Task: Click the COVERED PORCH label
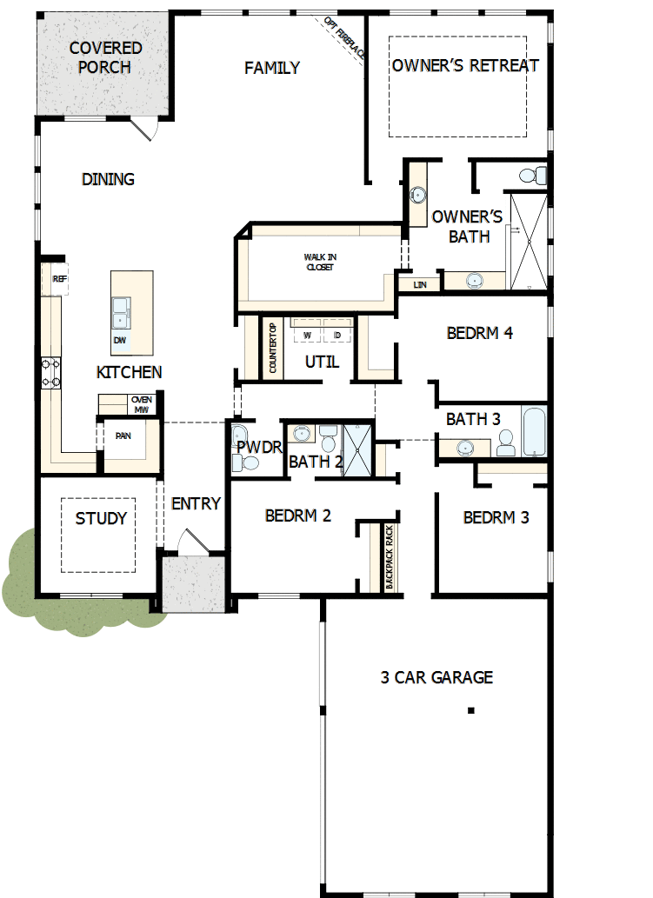pyautogui.click(x=105, y=57)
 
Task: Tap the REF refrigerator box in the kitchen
pyautogui.click(x=59, y=279)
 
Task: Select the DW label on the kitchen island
pyautogui.click(x=119, y=340)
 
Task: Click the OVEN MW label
pyautogui.click(x=141, y=403)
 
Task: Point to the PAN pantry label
pyautogui.click(x=123, y=436)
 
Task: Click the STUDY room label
pyautogui.click(x=101, y=518)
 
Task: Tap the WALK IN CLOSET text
pyautogui.click(x=319, y=262)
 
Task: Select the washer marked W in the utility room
pyautogui.click(x=307, y=334)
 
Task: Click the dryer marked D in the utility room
pyautogui.click(x=336, y=334)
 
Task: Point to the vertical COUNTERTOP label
pyautogui.click(x=272, y=348)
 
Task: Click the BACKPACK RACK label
pyautogui.click(x=390, y=557)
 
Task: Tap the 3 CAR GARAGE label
pyautogui.click(x=436, y=677)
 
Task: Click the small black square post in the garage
pyautogui.click(x=470, y=710)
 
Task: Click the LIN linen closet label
pyautogui.click(x=421, y=283)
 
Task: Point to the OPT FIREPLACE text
pyautogui.click(x=345, y=39)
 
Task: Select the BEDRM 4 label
pyautogui.click(x=480, y=332)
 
